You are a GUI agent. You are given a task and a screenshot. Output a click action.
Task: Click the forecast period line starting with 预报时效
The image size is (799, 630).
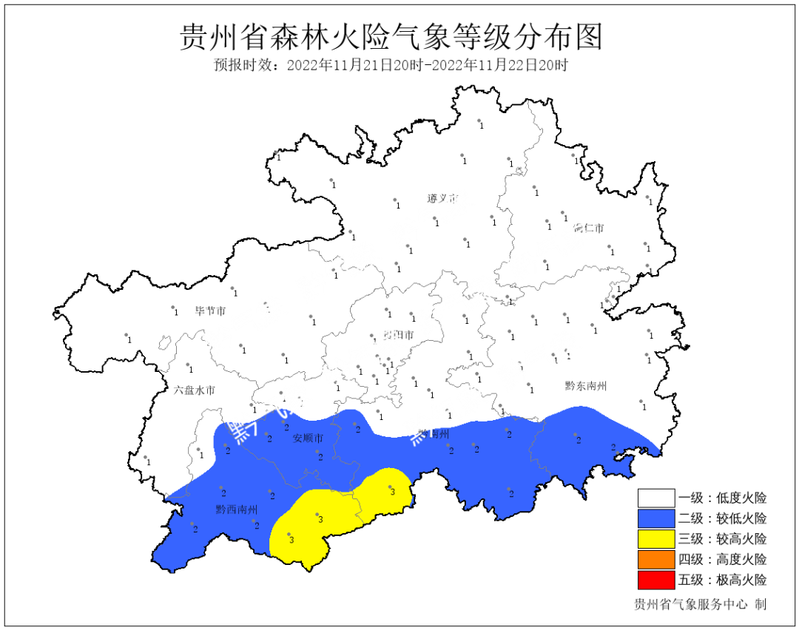pyautogui.click(x=391, y=65)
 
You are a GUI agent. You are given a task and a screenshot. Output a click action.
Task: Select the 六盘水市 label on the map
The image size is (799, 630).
pyautogui.click(x=195, y=390)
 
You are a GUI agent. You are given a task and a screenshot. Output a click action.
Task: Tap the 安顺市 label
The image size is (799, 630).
pyautogui.click(x=309, y=438)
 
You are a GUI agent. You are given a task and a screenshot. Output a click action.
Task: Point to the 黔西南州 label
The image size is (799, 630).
pyautogui.click(x=237, y=509)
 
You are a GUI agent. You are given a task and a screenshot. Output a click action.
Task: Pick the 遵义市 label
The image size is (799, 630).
pyautogui.click(x=442, y=199)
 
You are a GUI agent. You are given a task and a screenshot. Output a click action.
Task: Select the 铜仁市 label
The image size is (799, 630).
pyautogui.click(x=589, y=228)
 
